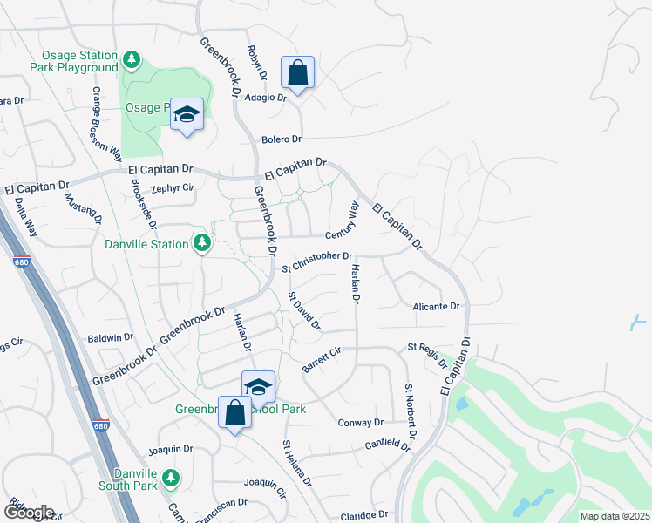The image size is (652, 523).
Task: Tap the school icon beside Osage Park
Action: pyautogui.click(x=187, y=115)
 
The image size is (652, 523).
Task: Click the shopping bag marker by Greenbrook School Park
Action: pyautogui.click(x=235, y=411)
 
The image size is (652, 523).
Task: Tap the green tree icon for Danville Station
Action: pyautogui.click(x=202, y=243)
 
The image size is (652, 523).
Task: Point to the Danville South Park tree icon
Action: pyautogui.click(x=172, y=477)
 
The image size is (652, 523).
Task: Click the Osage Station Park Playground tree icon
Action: pyautogui.click(x=132, y=60)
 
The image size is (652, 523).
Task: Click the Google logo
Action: pyautogui.click(x=28, y=512)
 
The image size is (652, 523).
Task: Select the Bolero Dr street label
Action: pyautogui.click(x=281, y=139)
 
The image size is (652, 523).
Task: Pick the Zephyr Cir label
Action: pyautogui.click(x=172, y=187)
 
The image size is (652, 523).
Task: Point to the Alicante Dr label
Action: pyautogui.click(x=437, y=307)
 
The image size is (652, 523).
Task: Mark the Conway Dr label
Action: pyautogui.click(x=360, y=423)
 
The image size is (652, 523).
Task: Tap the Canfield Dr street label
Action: pyautogui.click(x=388, y=445)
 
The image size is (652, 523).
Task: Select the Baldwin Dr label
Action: pyautogui.click(x=111, y=337)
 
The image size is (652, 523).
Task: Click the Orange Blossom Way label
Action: pyautogui.click(x=106, y=124)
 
